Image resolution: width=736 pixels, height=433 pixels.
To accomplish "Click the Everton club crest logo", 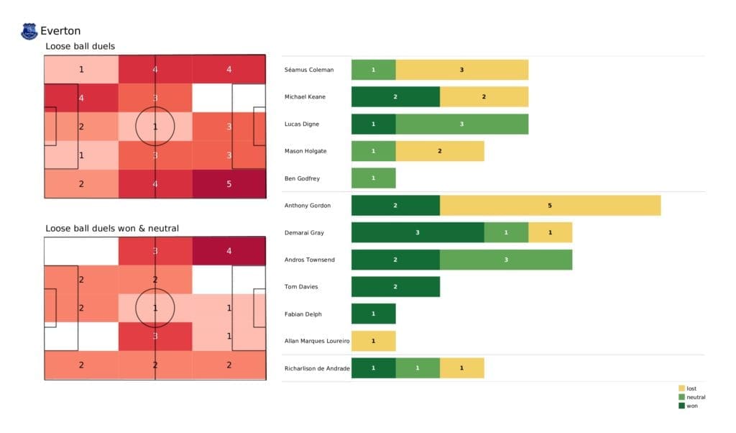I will point(29,31).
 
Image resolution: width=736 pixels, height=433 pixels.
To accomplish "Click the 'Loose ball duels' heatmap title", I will point(80,47).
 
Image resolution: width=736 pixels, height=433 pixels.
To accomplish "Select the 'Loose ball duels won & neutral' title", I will point(111,229).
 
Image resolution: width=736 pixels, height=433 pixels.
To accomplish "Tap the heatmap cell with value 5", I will point(229,183).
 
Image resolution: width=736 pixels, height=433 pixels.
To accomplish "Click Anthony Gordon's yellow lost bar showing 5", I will point(550,206).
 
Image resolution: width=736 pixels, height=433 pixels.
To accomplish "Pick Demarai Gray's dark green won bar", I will point(418,233).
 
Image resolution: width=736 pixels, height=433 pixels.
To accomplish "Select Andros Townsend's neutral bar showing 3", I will point(506,260).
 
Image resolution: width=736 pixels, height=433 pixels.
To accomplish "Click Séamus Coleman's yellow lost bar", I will point(461,70).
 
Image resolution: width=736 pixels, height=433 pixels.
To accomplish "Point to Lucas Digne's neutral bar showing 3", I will point(461,124).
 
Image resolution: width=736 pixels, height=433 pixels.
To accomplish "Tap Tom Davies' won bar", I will point(395,287).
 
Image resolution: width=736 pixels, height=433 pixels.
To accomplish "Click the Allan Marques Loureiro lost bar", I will point(373,341).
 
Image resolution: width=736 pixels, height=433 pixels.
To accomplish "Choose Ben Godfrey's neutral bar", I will point(373,178).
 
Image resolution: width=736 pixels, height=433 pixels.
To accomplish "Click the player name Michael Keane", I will point(305,97).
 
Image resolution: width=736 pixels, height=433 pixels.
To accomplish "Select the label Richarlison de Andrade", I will point(317,368).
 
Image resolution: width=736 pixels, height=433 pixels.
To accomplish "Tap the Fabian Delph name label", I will point(303,314).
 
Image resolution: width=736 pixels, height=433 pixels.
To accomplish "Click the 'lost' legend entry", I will point(691,388).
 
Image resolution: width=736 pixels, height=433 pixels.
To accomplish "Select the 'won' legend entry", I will point(691,406).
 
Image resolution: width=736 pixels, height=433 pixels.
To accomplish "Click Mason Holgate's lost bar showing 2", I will point(439,151).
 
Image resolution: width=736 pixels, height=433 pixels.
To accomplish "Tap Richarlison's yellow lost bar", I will point(461,368).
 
